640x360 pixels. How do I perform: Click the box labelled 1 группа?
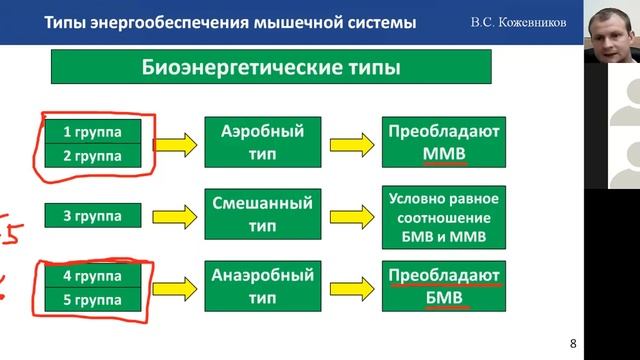[x=99, y=131]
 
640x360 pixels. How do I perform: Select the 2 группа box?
[x=99, y=156]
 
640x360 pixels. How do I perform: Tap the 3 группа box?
[x=99, y=216]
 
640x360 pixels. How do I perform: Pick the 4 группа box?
[x=99, y=272]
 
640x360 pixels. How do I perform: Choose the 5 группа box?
[x=99, y=297]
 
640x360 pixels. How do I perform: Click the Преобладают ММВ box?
[x=445, y=143]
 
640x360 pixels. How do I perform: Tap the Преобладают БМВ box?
[x=445, y=285]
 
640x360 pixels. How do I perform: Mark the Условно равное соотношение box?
[x=445, y=215]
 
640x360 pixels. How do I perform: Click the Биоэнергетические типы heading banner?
[x=271, y=69]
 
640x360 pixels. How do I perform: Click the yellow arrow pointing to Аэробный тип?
[x=181, y=144]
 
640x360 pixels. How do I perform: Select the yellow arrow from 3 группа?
[x=181, y=214]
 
